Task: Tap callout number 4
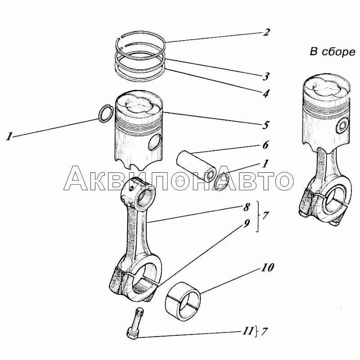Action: pos(266,94)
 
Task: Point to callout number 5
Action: pos(266,125)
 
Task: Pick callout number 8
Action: pos(247,208)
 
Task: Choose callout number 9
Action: pos(247,223)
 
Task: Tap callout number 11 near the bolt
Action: pos(247,333)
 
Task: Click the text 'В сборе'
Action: pos(332,52)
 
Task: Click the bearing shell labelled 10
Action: pos(184,301)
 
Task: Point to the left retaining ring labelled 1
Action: pos(106,113)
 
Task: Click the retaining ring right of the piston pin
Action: pos(222,180)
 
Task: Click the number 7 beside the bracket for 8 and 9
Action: pos(265,216)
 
